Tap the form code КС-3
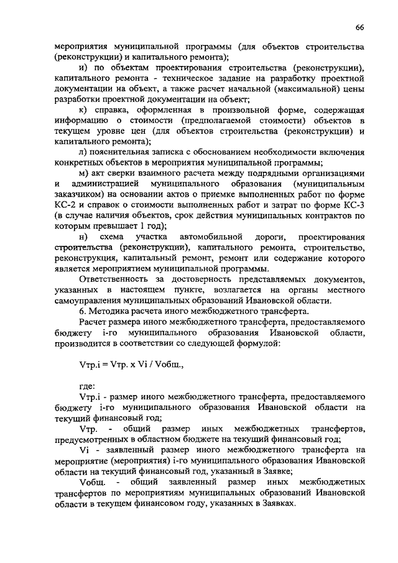point(352,203)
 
